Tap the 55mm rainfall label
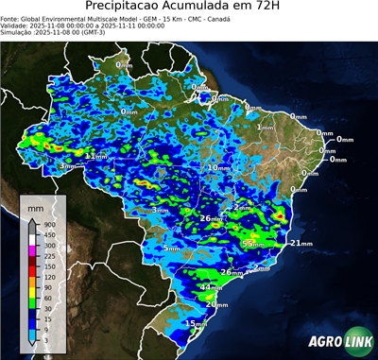coord(252,244)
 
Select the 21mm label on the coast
coord(301,243)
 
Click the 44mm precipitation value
coord(212,286)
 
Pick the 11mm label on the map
coord(94,155)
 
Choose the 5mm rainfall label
coord(170,249)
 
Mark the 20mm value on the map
coord(217,304)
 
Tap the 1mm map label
coord(265,127)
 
